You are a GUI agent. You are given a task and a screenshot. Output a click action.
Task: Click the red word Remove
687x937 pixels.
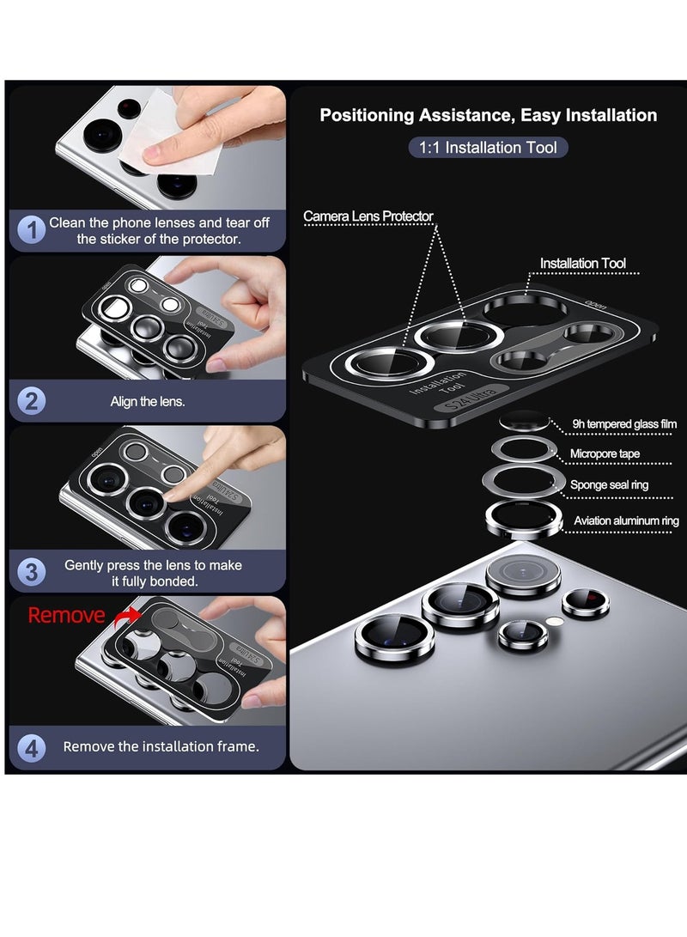tap(66, 615)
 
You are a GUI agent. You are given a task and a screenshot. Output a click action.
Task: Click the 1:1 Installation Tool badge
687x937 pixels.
tap(488, 148)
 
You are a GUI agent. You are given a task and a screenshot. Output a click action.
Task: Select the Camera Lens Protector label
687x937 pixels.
tap(368, 216)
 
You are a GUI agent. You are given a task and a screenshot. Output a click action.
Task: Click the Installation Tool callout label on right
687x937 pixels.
tap(583, 264)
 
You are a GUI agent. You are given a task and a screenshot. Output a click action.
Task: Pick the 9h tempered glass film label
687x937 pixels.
tap(625, 424)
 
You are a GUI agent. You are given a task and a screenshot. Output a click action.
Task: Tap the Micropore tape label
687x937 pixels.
tap(605, 453)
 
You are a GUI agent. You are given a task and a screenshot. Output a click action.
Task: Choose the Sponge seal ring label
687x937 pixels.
tap(609, 485)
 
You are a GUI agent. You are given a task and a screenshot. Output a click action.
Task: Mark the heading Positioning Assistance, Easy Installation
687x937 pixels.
tap(488, 115)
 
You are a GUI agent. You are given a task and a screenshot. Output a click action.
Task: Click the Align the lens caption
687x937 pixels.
tap(147, 401)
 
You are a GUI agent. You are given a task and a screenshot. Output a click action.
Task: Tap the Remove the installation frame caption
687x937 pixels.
tap(161, 746)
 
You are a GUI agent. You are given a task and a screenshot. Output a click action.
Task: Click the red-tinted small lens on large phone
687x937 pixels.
tap(586, 602)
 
